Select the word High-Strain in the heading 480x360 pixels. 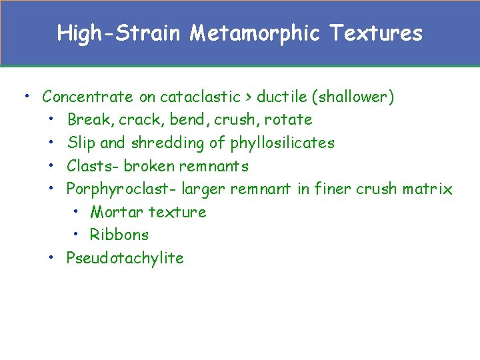(119, 33)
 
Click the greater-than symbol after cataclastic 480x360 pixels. (248, 97)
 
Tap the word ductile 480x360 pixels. (283, 97)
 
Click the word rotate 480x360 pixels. (288, 120)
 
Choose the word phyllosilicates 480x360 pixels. (282, 143)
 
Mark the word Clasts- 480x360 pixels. (93, 166)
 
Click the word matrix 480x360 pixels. (427, 189)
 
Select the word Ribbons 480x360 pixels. (119, 235)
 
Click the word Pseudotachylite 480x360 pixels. (125, 258)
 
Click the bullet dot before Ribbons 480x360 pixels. (77, 234)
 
